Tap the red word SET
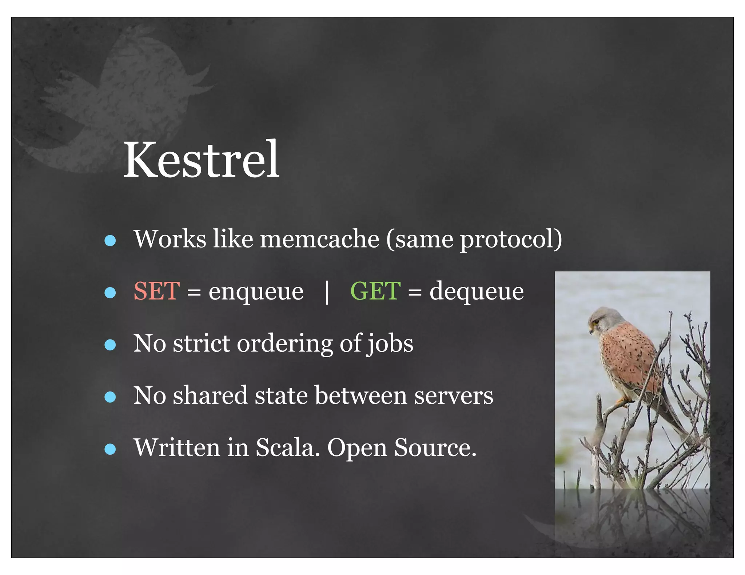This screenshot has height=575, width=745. click(x=156, y=291)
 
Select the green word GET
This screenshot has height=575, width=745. click(x=375, y=291)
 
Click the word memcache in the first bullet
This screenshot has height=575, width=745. click(x=319, y=239)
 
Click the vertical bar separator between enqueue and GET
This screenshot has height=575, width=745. click(x=327, y=292)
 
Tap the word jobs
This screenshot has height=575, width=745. click(x=390, y=344)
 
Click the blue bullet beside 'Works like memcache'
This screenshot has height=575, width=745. click(x=110, y=240)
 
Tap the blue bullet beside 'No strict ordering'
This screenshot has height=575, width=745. click(x=110, y=345)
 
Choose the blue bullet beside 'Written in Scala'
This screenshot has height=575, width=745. click(x=110, y=449)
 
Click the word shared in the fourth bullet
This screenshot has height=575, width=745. click(x=210, y=395)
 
